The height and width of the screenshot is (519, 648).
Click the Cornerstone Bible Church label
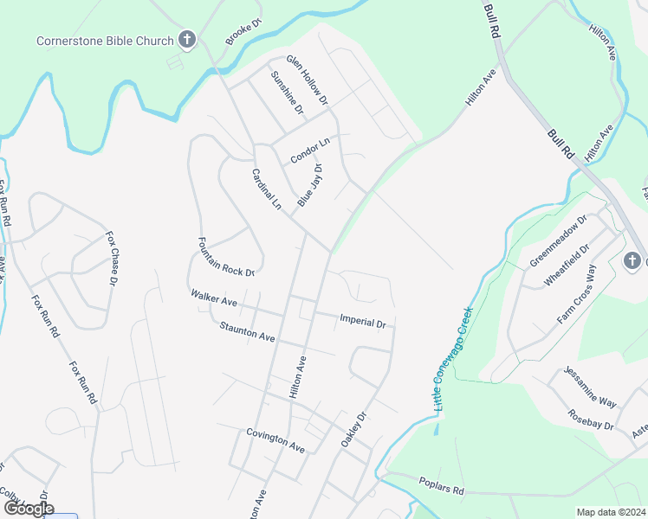[104, 40]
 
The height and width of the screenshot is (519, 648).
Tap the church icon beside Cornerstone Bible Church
[185, 39]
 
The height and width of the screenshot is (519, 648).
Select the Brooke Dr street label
[243, 34]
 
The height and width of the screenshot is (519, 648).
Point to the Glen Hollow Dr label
[308, 80]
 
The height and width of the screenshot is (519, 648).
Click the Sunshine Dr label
[287, 93]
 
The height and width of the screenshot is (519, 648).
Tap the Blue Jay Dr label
[310, 186]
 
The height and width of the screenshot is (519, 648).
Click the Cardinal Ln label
[267, 189]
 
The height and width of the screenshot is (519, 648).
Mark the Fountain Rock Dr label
[226, 257]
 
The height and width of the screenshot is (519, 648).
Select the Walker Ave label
[215, 298]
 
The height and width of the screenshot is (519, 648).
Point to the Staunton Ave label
[247, 330]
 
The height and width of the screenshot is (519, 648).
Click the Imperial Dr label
[363, 322]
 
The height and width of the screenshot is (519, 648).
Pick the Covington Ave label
[275, 440]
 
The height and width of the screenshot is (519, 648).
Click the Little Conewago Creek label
[451, 360]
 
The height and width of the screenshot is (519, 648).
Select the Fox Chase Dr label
[112, 258]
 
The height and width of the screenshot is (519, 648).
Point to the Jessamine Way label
[589, 386]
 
